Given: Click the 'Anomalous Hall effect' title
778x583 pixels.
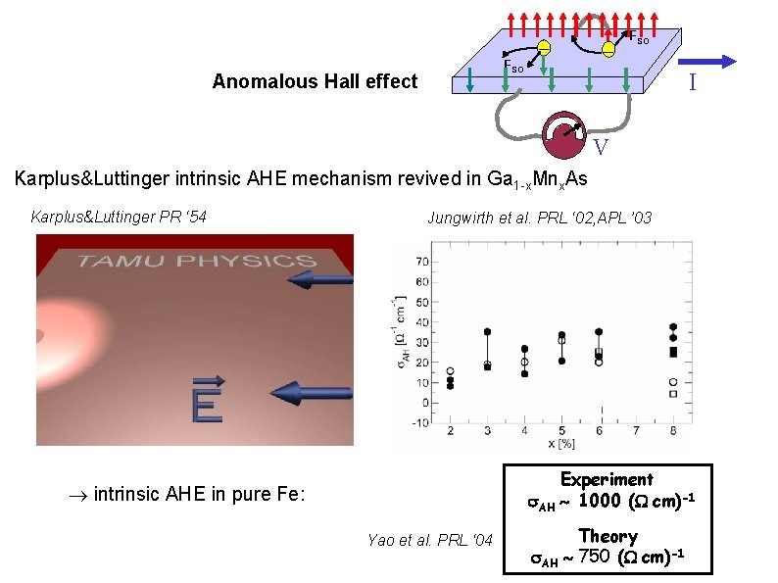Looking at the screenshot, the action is [x=315, y=82].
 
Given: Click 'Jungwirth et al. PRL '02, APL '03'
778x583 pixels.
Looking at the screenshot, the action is [x=539, y=218].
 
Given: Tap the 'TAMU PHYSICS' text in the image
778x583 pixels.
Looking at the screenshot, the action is [x=196, y=261].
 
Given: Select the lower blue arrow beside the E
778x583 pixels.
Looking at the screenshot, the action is [x=311, y=393].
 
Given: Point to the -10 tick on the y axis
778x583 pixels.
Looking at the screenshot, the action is [x=420, y=422].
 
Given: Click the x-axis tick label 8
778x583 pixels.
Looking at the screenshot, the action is [x=673, y=431].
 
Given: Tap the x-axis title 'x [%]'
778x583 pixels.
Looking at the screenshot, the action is [x=561, y=444].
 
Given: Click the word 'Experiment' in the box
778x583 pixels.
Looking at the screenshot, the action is [x=607, y=479].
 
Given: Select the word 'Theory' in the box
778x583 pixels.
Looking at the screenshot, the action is [x=608, y=536].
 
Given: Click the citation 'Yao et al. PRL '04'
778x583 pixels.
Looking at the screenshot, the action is [x=430, y=539].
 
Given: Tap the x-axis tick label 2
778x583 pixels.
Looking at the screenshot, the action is [x=450, y=431].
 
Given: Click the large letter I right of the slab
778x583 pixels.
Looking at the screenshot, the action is [x=692, y=83].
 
